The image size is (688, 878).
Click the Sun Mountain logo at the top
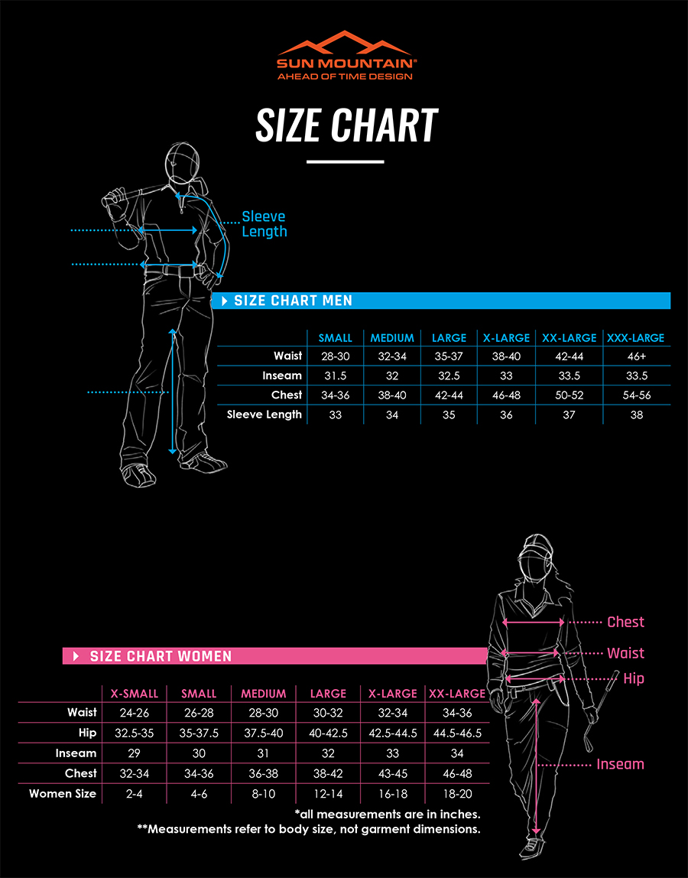[345, 55]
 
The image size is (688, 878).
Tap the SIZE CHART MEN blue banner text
[294, 301]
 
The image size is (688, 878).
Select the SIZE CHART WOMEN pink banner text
[161, 656]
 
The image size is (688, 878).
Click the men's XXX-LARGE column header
[635, 337]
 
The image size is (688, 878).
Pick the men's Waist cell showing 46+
[635, 356]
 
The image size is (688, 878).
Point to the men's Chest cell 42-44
[449, 395]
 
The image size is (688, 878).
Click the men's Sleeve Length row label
[264, 415]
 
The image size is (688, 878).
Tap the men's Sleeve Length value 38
[635, 415]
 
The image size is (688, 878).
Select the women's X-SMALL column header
[135, 694]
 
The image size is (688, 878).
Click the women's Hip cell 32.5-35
[135, 733]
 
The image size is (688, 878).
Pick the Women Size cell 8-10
[263, 794]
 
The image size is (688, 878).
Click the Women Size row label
[63, 794]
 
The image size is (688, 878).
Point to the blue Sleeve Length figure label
[264, 224]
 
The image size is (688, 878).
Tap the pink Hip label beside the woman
[634, 678]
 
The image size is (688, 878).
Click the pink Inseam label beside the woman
[620, 764]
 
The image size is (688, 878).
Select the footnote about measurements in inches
[387, 815]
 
